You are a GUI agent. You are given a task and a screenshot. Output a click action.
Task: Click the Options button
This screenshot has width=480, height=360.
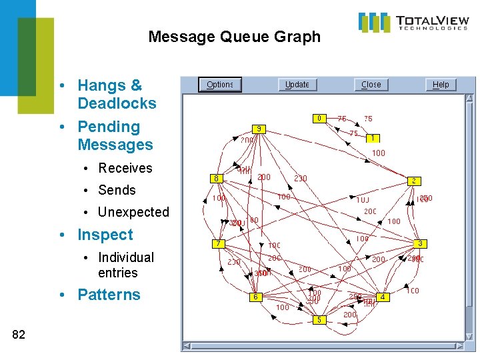[x=219, y=85]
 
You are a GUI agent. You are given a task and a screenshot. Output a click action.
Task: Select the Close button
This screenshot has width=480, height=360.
[x=371, y=85]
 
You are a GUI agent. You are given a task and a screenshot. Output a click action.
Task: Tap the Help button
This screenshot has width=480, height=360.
[x=441, y=85]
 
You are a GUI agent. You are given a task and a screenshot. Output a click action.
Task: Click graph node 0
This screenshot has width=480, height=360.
[x=319, y=118]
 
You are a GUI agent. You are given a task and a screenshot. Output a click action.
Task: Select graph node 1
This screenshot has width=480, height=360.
[x=372, y=138]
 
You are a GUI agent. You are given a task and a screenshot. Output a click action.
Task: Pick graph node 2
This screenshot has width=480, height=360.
[x=413, y=181]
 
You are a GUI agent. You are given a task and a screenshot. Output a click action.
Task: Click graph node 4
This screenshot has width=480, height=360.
[x=382, y=296]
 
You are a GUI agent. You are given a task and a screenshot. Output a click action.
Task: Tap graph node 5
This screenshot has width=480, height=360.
[x=319, y=319]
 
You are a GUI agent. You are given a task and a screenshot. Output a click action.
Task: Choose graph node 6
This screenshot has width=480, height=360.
[x=254, y=297]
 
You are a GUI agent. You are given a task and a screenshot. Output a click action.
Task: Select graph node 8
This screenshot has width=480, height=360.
[x=216, y=178]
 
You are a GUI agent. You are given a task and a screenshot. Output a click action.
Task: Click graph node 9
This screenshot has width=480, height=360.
[x=259, y=128]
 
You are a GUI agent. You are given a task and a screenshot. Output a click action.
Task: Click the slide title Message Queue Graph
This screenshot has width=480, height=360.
[x=234, y=37]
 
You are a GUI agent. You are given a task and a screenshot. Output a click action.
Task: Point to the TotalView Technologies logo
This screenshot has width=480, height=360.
[x=413, y=22]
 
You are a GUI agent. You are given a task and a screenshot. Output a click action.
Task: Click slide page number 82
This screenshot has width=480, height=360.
[x=19, y=335]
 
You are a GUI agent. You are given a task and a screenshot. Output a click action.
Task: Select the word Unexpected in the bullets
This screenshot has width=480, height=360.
[x=133, y=212]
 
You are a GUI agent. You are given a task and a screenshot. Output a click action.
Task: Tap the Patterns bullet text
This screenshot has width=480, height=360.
[x=109, y=295]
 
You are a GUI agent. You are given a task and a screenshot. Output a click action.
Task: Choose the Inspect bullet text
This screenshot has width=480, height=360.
[x=105, y=235]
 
